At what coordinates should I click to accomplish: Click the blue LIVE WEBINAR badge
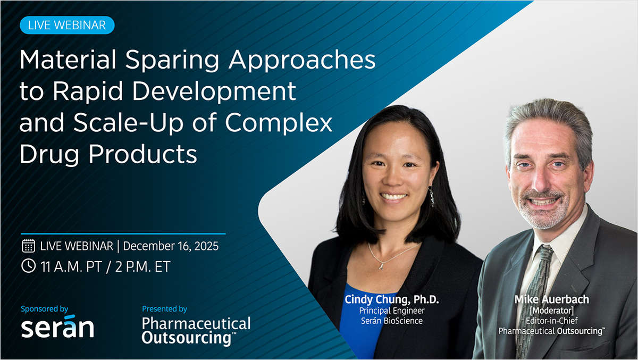(x=67, y=24)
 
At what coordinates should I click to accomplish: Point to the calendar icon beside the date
(x=28, y=246)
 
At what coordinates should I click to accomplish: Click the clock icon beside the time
(x=28, y=266)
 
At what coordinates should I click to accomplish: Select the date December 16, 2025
(x=171, y=246)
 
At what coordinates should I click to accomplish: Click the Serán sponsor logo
(x=57, y=328)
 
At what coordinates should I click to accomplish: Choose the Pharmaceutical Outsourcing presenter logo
(x=196, y=330)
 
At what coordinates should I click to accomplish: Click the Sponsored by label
(x=45, y=308)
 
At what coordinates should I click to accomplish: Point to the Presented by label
(x=164, y=308)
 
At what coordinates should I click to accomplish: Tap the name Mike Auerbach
(x=551, y=300)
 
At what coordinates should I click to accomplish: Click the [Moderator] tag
(x=551, y=311)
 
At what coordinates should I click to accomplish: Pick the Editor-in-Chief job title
(x=551, y=321)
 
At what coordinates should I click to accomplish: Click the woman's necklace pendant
(x=381, y=266)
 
